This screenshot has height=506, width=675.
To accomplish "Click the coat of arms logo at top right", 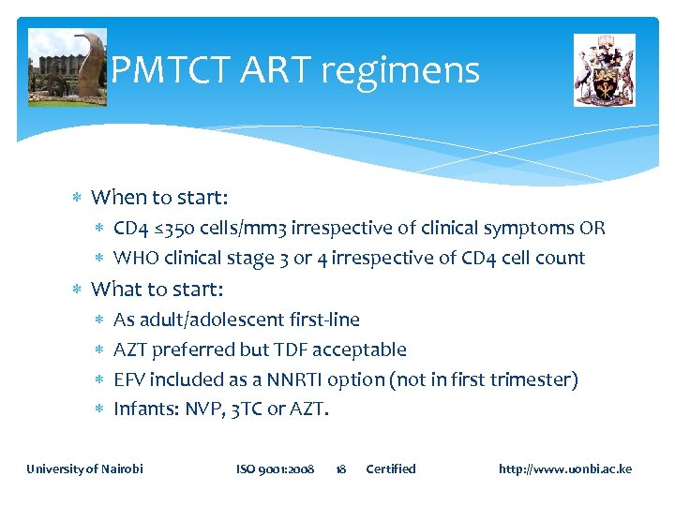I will click(x=604, y=69).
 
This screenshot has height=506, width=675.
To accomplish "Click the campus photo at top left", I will click(x=67, y=67).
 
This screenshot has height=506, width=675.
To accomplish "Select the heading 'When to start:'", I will click(x=159, y=198).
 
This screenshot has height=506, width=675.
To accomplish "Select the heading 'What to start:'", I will click(x=157, y=289).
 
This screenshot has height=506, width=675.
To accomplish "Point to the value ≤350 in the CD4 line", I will click(x=168, y=229).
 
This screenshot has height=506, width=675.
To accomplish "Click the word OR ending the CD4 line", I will click(x=592, y=229).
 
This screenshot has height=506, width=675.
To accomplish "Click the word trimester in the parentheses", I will click(x=532, y=380).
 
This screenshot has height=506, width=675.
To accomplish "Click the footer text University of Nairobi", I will click(x=84, y=469).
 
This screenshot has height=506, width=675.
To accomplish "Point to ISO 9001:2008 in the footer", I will click(x=275, y=469).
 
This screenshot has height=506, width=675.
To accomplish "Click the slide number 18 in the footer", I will click(x=341, y=469).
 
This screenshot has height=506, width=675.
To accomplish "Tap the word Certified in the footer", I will click(x=390, y=469).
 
